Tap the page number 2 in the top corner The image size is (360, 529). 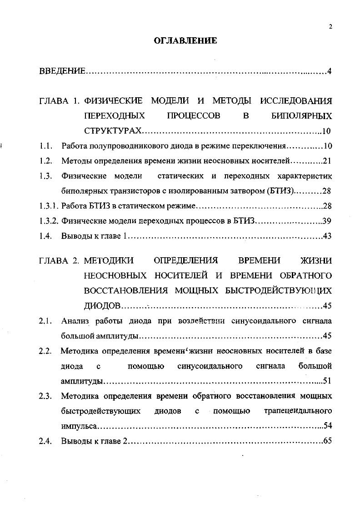pyautogui.click(x=330, y=26)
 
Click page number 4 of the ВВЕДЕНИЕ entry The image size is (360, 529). pyautogui.click(x=329, y=71)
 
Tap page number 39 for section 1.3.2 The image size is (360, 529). pyautogui.click(x=327, y=221)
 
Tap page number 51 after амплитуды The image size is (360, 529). pyautogui.click(x=327, y=381)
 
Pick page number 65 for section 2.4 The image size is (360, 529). pyautogui.click(x=327, y=441)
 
